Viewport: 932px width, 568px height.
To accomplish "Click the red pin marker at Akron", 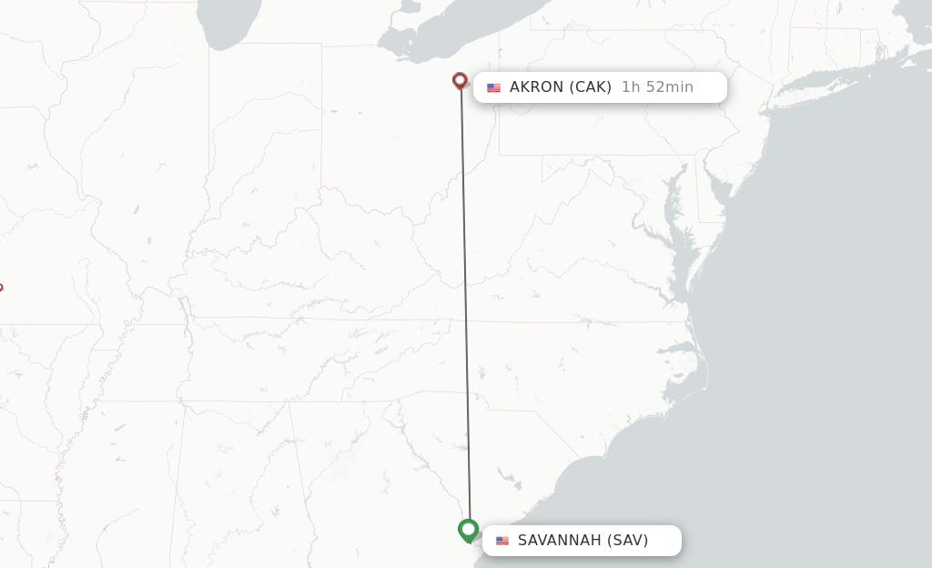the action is pos(460,81).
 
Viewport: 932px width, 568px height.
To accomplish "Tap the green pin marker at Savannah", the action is pos(468,529).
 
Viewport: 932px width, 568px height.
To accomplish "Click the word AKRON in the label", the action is pos(537,87).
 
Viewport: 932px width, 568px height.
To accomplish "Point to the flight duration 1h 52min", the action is pos(657,87).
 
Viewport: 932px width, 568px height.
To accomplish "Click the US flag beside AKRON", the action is pos(493,88).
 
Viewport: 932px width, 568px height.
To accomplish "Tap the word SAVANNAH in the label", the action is pos(559,541).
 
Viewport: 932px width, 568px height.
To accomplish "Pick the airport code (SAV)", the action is pos(627,541).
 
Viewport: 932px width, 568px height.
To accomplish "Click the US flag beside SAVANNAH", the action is pos(502,541).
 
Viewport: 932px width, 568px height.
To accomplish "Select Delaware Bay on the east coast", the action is pos(719,191).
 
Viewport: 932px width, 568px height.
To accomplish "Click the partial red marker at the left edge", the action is pos(1,288).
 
